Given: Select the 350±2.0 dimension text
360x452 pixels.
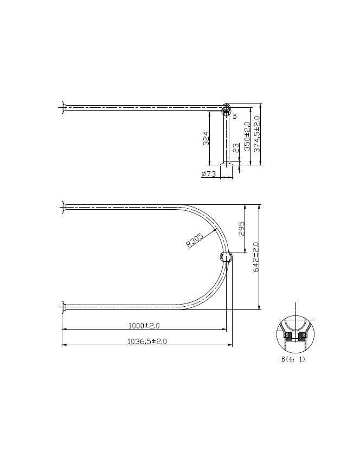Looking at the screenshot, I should point(247,136).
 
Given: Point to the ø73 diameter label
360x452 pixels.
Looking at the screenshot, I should point(209,174).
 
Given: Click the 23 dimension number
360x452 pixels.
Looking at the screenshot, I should point(236,148).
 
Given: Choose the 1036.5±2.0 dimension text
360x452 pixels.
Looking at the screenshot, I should point(146,341).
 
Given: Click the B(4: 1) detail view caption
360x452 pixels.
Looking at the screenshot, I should point(292,359).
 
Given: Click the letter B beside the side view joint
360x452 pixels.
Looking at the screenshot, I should point(235,116).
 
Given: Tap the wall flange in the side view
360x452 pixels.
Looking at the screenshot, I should point(63,107).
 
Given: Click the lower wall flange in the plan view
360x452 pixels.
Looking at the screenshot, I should point(63,307).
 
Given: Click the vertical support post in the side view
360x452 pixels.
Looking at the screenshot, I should point(227,138).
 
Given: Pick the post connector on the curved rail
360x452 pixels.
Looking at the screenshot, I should point(225,257).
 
